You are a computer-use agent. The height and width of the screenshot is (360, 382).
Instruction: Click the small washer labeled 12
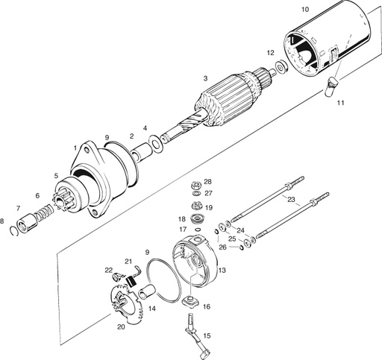coord(281,69)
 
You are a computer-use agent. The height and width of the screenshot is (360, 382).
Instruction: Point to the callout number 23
coord(291,199)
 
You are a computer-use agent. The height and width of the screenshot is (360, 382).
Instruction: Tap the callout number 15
coord(207,335)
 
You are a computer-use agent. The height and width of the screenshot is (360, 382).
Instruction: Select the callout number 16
coord(207,306)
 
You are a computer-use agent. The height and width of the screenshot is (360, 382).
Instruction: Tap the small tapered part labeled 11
coord(332,88)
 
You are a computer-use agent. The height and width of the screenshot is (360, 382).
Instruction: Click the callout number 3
coord(204,78)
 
